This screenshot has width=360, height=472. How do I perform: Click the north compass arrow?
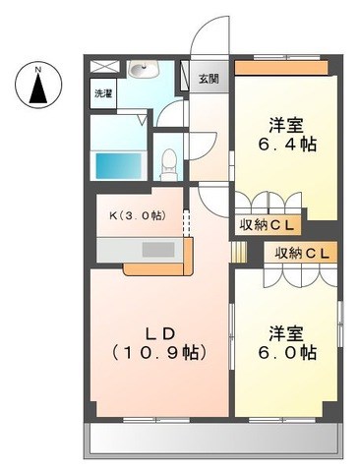pyautogui.click(x=38, y=88)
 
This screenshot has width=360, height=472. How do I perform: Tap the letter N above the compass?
pyautogui.click(x=38, y=70)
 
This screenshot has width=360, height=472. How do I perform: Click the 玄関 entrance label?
pyautogui.click(x=209, y=79)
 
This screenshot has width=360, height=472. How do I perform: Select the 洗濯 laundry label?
pyautogui.click(x=103, y=93)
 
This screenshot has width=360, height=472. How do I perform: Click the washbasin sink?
pyautogui.click(x=144, y=69)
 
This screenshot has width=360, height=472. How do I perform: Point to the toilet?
pyautogui.click(x=169, y=164)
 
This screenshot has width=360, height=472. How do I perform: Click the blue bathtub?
pyautogui.click(x=118, y=165)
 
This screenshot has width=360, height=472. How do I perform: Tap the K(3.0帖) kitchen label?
pyautogui.click(x=138, y=215)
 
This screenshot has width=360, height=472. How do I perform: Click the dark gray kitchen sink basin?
pyautogui.click(x=158, y=250)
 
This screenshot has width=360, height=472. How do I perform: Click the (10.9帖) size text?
pyautogui.click(x=159, y=353)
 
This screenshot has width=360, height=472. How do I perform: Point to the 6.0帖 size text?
pyautogui.click(x=287, y=352)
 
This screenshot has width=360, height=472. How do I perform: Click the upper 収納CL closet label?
pyautogui.click(x=267, y=225)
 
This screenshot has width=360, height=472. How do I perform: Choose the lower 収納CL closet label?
pyautogui.click(x=302, y=253)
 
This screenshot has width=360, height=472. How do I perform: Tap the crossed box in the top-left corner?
pyautogui.click(x=103, y=67)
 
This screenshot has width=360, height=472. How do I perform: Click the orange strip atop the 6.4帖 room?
pyautogui.click(x=281, y=68)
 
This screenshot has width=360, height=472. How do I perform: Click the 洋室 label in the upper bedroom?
pyautogui.click(x=286, y=125)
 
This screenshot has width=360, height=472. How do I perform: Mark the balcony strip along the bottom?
pyautogui.click(x=213, y=440)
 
